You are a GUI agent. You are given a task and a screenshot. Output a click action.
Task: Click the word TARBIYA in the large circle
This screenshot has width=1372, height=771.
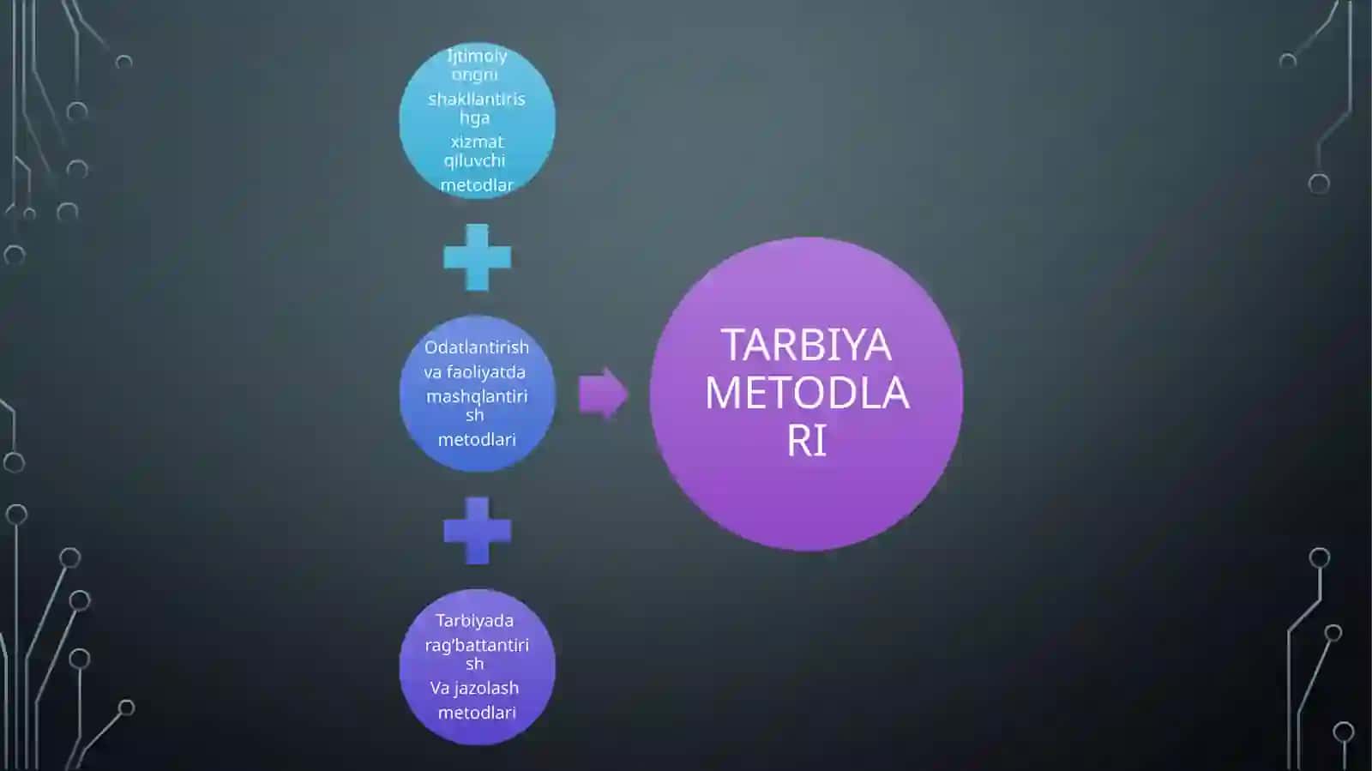click(806, 345)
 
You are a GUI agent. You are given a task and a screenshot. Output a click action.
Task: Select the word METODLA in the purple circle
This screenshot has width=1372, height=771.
click(807, 393)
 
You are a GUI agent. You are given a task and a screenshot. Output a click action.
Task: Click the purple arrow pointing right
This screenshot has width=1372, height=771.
click(604, 393)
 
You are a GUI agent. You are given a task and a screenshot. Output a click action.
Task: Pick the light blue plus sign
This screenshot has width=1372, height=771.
click(477, 257)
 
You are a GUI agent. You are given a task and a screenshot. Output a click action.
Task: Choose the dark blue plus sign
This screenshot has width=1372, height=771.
click(477, 530)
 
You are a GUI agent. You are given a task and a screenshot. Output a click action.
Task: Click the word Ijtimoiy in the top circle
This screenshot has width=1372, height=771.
click(477, 57)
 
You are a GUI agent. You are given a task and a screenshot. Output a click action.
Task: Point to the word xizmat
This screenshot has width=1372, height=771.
click(477, 142)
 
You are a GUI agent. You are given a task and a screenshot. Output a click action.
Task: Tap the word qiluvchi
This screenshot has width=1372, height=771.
click(475, 161)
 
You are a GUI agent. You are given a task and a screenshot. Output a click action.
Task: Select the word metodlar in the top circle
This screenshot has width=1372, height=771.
click(477, 185)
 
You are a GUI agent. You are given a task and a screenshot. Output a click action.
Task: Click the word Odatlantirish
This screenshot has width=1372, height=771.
click(477, 347)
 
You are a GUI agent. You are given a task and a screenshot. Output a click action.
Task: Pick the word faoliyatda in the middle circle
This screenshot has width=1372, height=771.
click(485, 371)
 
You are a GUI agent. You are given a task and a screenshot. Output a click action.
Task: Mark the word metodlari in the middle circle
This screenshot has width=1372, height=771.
click(477, 439)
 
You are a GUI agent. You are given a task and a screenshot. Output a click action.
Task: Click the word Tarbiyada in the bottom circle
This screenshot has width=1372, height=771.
click(475, 620)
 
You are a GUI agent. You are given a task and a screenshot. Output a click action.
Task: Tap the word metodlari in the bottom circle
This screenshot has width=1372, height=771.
click(477, 712)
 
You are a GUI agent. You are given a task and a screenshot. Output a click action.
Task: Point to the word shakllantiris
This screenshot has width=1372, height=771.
click(477, 99)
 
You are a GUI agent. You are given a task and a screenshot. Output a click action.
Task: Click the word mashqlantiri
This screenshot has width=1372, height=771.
click(477, 397)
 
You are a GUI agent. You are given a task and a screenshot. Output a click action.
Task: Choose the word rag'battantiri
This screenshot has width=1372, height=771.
click(477, 646)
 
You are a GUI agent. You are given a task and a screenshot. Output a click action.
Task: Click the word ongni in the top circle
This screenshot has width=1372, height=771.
click(475, 75)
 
